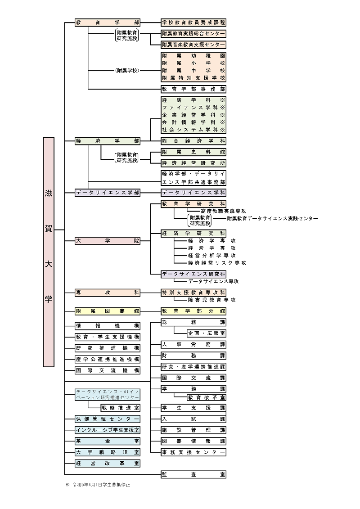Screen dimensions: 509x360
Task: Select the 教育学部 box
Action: click(108, 22)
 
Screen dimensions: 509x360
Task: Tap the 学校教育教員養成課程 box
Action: click(193, 22)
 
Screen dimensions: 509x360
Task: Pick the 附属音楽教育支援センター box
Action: click(193, 45)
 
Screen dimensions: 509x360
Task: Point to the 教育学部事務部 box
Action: click(193, 89)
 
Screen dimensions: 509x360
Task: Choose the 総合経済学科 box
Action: click(193, 141)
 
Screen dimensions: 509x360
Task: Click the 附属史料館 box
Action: click(193, 152)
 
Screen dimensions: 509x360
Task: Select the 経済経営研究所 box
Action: click(193, 163)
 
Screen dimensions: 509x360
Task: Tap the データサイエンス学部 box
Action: click(108, 193)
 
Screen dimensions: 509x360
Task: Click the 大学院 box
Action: click(108, 241)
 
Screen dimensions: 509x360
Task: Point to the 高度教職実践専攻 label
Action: click(217, 211)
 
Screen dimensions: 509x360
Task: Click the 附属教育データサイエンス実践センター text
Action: click(272, 219)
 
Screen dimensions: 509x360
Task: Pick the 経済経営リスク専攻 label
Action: click(217, 263)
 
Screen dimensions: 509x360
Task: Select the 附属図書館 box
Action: click(108, 311)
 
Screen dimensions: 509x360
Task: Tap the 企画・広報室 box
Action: click(207, 333)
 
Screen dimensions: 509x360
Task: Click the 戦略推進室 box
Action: click(120, 408)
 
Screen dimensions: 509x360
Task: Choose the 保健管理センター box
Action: click(108, 419)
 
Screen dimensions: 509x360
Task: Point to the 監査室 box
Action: click(193, 474)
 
